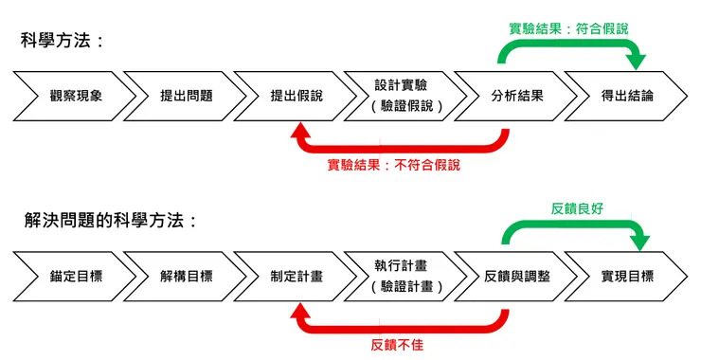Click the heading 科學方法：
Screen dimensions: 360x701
(x=63, y=42)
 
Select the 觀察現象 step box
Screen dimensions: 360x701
(x=76, y=96)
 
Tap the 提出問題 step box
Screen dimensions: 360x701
(x=186, y=96)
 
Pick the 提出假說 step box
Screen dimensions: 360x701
(x=296, y=96)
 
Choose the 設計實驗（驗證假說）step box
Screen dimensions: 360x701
(x=406, y=96)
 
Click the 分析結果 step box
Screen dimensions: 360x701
(x=516, y=96)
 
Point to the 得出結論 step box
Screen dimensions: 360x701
(x=626, y=96)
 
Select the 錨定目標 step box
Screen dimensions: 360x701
(x=76, y=276)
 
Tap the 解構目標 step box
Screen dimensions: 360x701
(x=186, y=276)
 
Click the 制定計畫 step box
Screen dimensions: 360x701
(x=296, y=276)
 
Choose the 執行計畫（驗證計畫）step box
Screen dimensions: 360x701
(x=406, y=276)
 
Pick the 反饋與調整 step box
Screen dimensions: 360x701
(x=516, y=276)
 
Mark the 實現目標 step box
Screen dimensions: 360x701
(x=626, y=276)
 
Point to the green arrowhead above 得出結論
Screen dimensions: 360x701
(x=636, y=63)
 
